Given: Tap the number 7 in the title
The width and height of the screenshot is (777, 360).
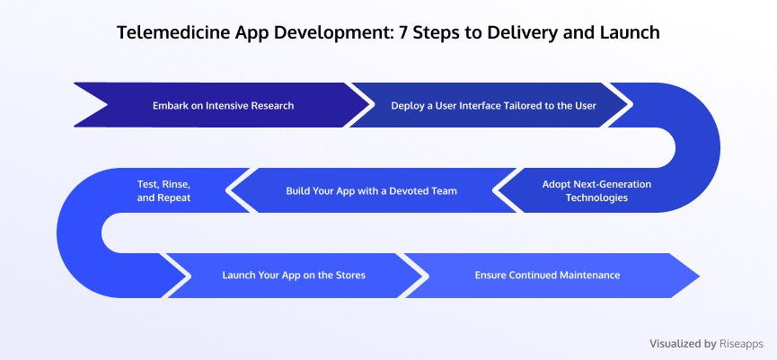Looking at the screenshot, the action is coord(404,32).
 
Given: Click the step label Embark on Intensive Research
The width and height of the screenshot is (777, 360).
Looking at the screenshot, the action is coord(223,105).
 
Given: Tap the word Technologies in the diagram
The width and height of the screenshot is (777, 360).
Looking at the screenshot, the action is coord(596,198).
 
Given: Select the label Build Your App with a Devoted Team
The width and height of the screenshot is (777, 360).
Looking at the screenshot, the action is coord(371,190).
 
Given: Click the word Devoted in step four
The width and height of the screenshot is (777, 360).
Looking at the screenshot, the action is coord(411,190).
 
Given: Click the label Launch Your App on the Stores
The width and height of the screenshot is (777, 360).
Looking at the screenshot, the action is coord(294,275).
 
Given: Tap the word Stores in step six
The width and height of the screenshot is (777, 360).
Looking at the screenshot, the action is coord(349,275).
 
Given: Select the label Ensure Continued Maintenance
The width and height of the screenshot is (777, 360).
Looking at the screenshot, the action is coord(547,275).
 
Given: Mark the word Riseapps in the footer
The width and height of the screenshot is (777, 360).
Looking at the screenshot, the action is coord(741,344).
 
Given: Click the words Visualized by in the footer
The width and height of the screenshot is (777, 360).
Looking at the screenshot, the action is coord(683,344).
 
